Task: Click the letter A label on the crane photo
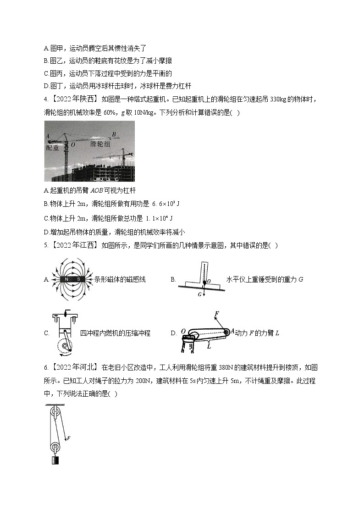tap(48, 136)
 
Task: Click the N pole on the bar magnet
tap(67, 279)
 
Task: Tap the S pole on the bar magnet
tap(78, 279)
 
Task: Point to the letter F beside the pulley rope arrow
tap(68, 438)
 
